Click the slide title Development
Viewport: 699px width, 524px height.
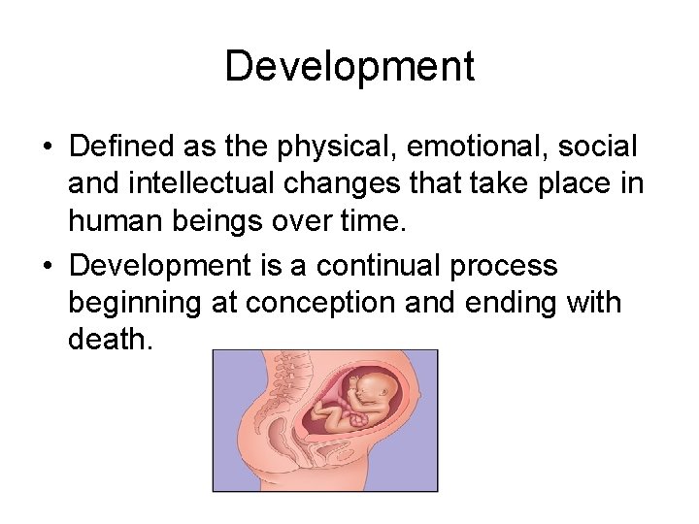click(x=349, y=67)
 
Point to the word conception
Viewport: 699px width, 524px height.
click(x=318, y=303)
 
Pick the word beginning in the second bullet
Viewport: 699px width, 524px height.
click(x=134, y=303)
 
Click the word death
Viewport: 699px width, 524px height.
click(x=110, y=341)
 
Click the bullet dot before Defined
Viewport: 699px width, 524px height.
click(x=46, y=148)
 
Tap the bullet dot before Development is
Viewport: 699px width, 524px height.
click(x=46, y=265)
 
